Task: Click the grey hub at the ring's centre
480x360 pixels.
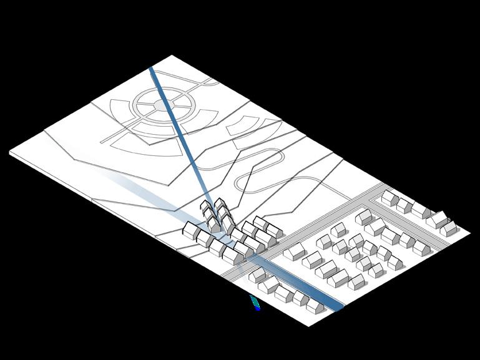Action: (161, 108)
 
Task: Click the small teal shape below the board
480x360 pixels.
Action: (255, 302)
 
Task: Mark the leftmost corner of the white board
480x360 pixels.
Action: (11, 151)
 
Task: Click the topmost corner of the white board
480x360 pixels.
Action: (173, 56)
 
